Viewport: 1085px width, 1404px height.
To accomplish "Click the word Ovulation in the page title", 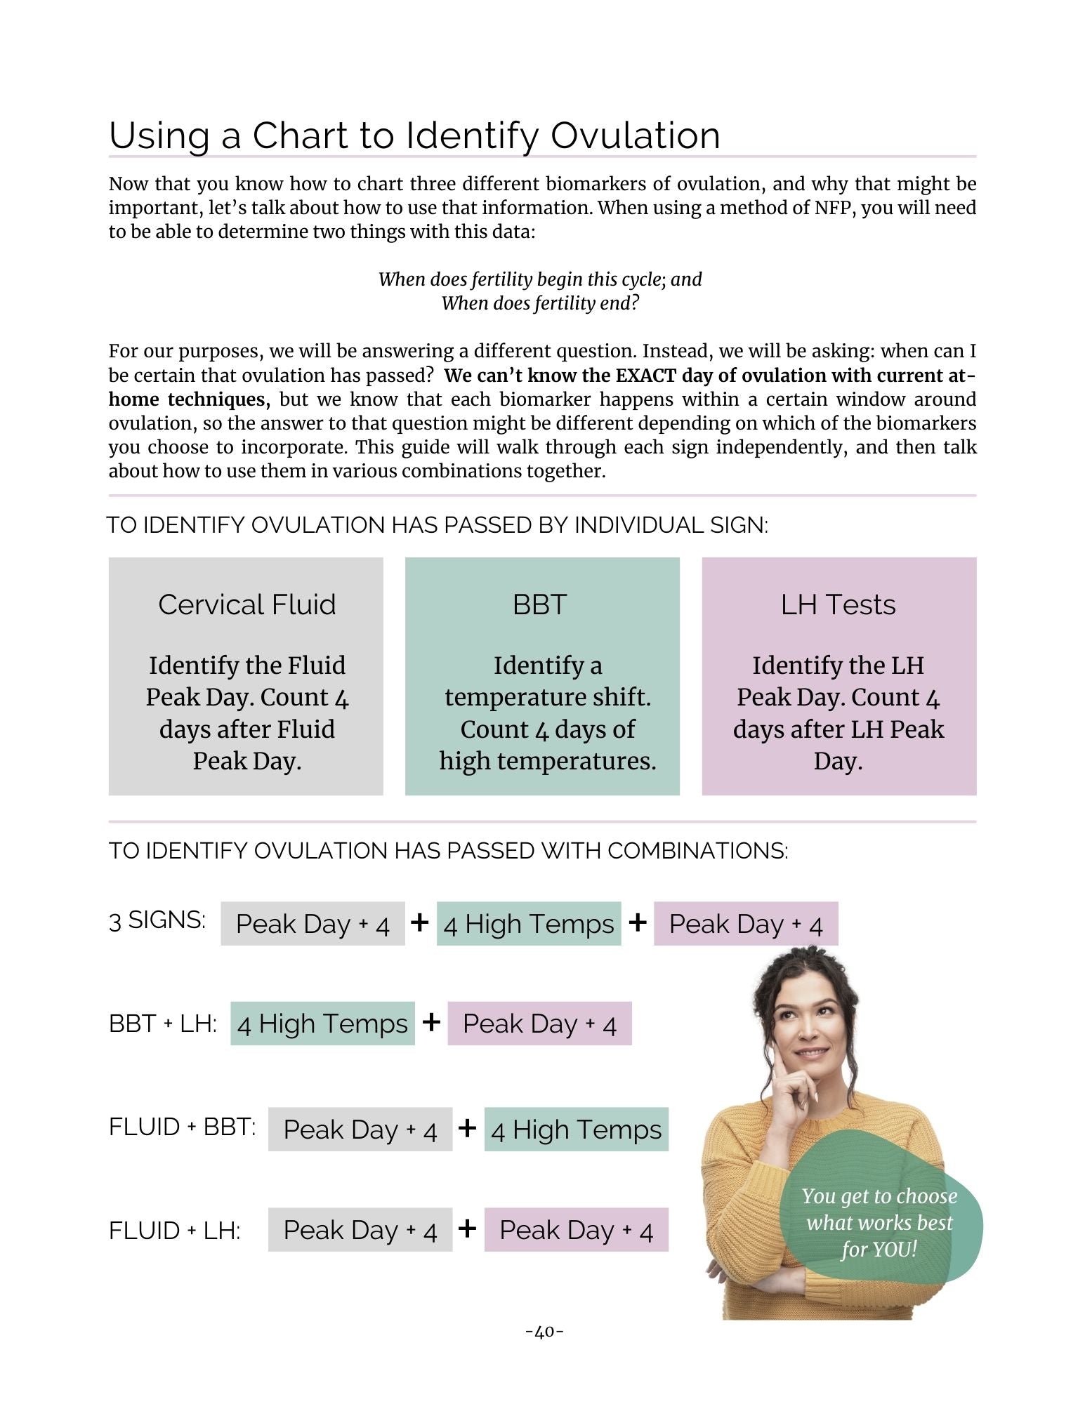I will [x=635, y=135].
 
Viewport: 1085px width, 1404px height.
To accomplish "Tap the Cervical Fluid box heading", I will [x=246, y=604].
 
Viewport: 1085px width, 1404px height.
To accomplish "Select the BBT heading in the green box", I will [x=539, y=604].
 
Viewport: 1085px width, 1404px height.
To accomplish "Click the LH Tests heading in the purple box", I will [x=838, y=604].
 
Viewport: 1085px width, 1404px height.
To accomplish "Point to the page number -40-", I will [x=544, y=1332].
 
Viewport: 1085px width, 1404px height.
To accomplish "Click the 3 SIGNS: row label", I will [x=157, y=920].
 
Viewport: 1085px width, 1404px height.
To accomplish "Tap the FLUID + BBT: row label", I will [x=182, y=1127].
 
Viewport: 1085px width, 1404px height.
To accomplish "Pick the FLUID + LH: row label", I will [x=175, y=1231].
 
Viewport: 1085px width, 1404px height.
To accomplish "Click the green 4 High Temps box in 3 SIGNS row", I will [x=529, y=924].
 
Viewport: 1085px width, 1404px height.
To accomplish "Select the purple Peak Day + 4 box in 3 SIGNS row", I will [x=746, y=924].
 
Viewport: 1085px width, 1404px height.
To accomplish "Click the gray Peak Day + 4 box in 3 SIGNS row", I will [x=313, y=924].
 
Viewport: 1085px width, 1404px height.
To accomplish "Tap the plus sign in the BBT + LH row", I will [x=431, y=1022].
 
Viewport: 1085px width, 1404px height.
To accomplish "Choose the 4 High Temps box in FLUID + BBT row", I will [x=576, y=1130].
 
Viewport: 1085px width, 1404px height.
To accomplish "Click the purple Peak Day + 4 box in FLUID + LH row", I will [x=576, y=1230].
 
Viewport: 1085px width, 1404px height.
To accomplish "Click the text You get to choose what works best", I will [x=879, y=1210].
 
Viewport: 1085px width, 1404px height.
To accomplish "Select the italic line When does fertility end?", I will [x=540, y=303].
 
